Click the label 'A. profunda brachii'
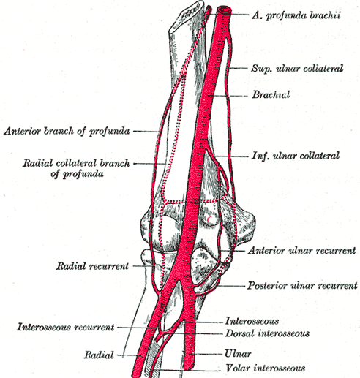(x=296, y=15)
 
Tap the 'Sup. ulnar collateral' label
(x=297, y=69)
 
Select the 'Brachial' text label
(x=271, y=94)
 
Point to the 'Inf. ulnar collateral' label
(x=296, y=156)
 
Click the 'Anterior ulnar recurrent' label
(x=302, y=251)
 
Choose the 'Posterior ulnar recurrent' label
(x=302, y=285)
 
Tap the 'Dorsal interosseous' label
(x=267, y=333)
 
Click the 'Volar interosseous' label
(x=266, y=368)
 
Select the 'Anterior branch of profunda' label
(x=67, y=132)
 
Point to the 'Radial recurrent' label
(x=92, y=266)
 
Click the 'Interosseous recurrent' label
(x=65, y=327)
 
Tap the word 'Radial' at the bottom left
(x=99, y=355)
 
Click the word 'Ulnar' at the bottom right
(x=238, y=354)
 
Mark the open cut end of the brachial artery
(x=225, y=11)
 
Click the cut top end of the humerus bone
(x=187, y=16)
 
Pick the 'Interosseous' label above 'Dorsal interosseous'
(x=252, y=321)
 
